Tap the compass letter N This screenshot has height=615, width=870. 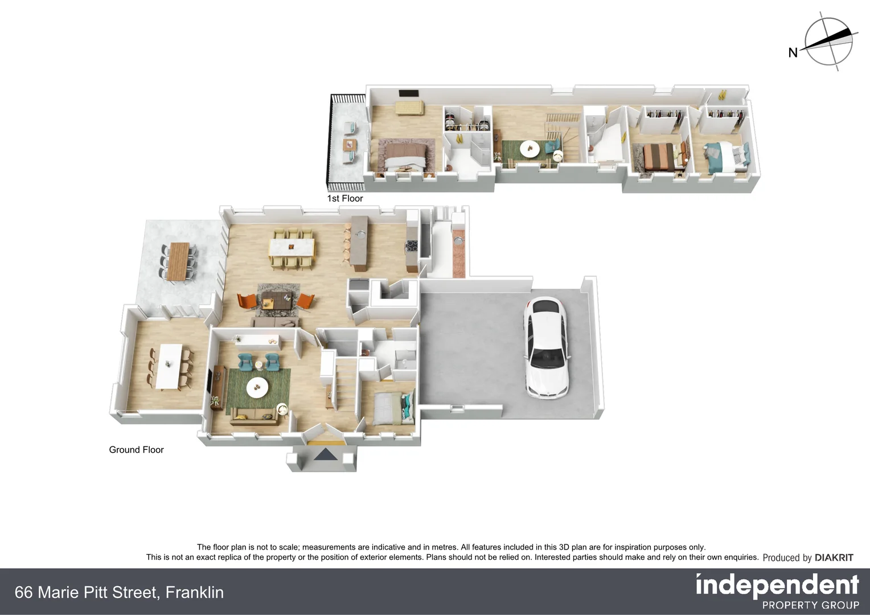pyautogui.click(x=793, y=53)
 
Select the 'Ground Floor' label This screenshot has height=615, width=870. pyautogui.click(x=136, y=450)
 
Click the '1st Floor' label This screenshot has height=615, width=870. pyautogui.click(x=344, y=198)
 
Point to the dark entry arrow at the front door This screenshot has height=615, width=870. pyautogui.click(x=325, y=455)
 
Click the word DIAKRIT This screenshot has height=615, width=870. pyautogui.click(x=834, y=557)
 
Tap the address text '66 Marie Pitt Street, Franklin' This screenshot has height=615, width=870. pyautogui.click(x=119, y=592)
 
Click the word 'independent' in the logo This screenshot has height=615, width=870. pyautogui.click(x=777, y=585)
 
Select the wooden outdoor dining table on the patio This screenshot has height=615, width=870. pyautogui.click(x=179, y=261)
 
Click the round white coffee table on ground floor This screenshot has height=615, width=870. pyautogui.click(x=257, y=388)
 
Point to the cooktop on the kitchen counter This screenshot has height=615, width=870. pyautogui.click(x=411, y=247)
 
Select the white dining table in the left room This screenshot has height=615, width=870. pyautogui.click(x=170, y=366)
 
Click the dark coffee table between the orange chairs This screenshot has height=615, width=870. pyautogui.click(x=277, y=300)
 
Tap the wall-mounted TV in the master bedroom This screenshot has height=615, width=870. pyautogui.click(x=408, y=93)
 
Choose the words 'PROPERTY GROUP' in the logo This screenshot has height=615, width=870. pyautogui.click(x=810, y=605)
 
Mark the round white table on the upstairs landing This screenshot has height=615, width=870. pyautogui.click(x=530, y=148)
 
